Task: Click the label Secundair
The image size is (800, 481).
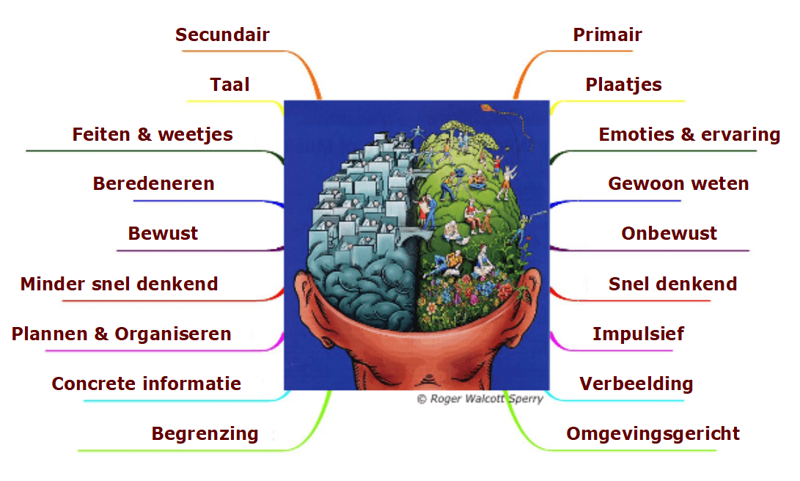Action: point(222,34)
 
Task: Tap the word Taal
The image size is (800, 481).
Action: point(230,84)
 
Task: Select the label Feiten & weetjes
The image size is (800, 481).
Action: point(153,134)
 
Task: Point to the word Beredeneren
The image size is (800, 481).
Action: point(153,183)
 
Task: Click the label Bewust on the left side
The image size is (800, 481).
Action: point(163,233)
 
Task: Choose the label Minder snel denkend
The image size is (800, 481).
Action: point(119,284)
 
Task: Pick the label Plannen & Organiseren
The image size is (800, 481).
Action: point(121,334)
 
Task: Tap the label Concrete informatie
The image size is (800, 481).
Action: point(146,383)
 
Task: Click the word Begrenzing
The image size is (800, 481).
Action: point(205,433)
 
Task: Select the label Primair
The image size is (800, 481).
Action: point(607,34)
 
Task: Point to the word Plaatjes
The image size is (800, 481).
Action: point(623,84)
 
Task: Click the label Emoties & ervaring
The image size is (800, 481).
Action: point(689,134)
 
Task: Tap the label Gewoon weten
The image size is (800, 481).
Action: point(678,183)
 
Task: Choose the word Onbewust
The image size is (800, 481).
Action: point(669,233)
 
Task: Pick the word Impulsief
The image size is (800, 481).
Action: point(638,334)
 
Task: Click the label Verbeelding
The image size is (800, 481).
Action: point(636,383)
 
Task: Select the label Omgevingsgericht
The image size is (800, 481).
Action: point(653,433)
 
